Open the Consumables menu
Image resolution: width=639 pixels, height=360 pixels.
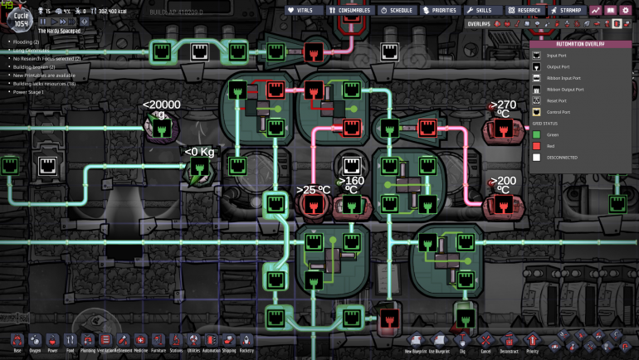tap(349, 10)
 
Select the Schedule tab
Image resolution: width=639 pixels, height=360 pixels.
tap(396, 10)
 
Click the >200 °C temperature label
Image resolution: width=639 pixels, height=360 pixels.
tap(503, 184)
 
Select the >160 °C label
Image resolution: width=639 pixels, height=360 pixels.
tap(351, 184)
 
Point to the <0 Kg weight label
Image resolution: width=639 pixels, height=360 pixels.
tap(199, 151)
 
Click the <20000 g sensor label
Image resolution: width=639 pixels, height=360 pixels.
tap(161, 109)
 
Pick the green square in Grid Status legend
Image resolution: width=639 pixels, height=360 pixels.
tap(537, 134)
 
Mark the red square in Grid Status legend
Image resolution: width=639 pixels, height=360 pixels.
tap(537, 145)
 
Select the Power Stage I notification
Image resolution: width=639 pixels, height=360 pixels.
tap(29, 92)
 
